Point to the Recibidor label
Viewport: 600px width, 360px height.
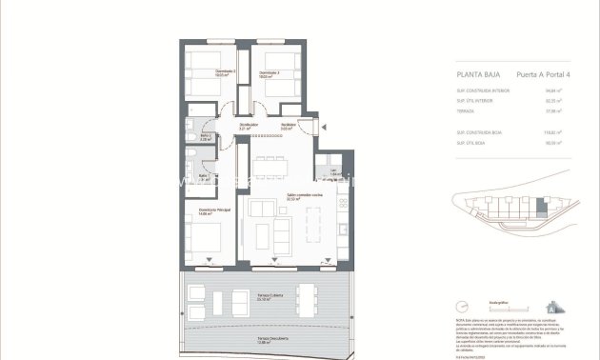(x=287, y=126)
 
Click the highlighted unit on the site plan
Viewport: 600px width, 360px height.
(x=544, y=204)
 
